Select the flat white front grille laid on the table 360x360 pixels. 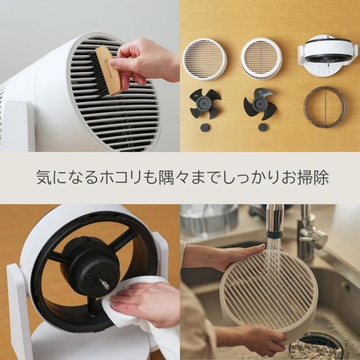click(x=204, y=58)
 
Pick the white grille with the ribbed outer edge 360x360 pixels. click(x=261, y=58)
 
